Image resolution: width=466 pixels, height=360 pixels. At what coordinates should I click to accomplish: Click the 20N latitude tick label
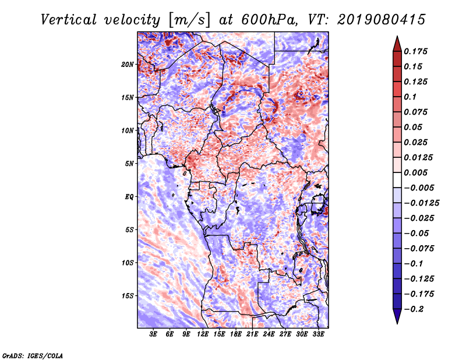pyautogui.click(x=128, y=65)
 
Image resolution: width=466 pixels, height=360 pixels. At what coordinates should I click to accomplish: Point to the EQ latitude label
pyautogui.click(x=129, y=197)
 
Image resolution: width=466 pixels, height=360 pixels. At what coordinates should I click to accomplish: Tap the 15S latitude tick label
pyautogui.click(x=128, y=296)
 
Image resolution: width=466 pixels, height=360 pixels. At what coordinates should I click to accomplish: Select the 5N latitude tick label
pyautogui.click(x=129, y=164)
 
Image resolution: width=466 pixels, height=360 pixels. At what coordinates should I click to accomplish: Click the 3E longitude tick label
pyautogui.click(x=153, y=334)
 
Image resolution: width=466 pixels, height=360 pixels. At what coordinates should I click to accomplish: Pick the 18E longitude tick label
pyautogui.click(x=236, y=334)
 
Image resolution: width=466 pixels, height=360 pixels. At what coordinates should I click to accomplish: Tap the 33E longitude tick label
pyautogui.click(x=318, y=334)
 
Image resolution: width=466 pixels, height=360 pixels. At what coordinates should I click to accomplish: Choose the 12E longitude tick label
pyautogui.click(x=203, y=334)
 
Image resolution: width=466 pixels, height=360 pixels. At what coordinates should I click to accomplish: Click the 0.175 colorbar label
pyautogui.click(x=416, y=51)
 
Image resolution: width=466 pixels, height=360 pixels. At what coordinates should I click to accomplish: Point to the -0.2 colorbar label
pyautogui.click(x=414, y=309)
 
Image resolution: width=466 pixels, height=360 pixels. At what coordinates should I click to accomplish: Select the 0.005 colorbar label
pyautogui.click(x=416, y=172)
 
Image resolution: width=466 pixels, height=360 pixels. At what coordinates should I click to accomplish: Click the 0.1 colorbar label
pyautogui.click(x=410, y=97)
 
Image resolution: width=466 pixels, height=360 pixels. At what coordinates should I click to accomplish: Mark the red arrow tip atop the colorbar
pyautogui.click(x=397, y=36)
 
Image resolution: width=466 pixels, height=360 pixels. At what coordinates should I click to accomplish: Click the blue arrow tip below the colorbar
pyautogui.click(x=397, y=323)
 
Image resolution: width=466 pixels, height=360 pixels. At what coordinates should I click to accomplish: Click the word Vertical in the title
pyautogui.click(x=68, y=20)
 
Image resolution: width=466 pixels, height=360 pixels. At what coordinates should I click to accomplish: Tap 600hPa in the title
pyautogui.click(x=269, y=20)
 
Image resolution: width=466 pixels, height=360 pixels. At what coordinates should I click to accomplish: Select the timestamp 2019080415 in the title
pyautogui.click(x=382, y=20)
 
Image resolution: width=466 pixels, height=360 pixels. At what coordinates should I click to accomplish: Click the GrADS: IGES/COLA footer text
pyautogui.click(x=33, y=356)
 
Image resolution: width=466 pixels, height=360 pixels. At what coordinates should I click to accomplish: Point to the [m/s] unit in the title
pyautogui.click(x=189, y=20)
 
